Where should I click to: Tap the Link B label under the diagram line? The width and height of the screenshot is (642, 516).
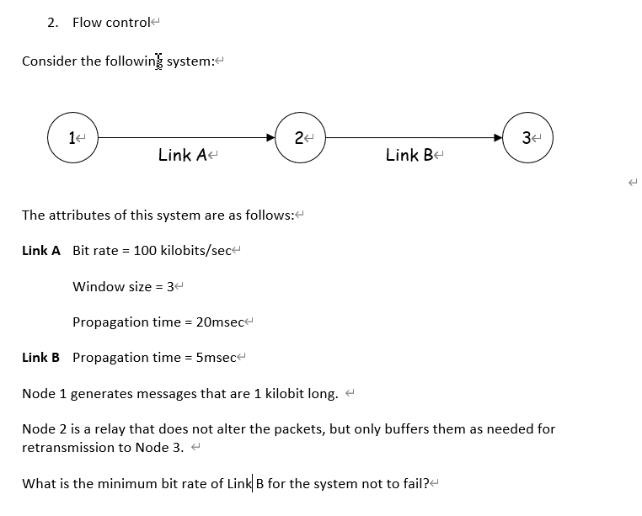coord(409,155)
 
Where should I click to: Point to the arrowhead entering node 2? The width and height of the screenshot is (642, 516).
coord(270,136)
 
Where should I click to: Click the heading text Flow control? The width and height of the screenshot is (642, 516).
coord(110,23)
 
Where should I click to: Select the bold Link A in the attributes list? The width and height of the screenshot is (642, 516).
coord(40,251)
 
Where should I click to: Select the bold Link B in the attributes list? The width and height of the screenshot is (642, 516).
coord(40,357)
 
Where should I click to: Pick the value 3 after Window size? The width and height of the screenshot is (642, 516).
coord(170,286)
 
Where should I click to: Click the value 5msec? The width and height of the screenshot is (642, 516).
coord(214,357)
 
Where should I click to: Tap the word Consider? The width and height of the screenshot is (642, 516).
coord(49,61)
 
